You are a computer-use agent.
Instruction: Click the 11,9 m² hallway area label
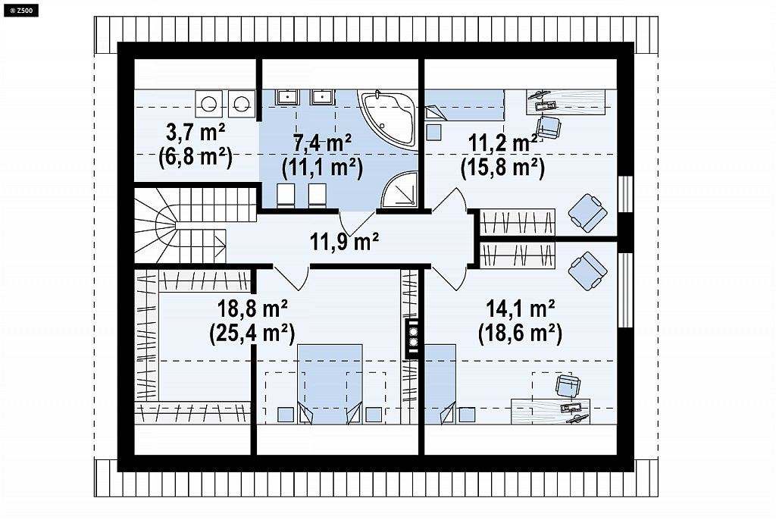pos(345,242)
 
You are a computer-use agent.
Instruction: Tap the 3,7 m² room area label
pos(196,133)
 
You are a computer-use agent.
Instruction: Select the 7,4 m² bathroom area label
pos(323,143)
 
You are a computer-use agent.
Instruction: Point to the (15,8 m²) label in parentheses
pos(502,168)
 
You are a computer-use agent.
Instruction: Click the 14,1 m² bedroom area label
pos(520,309)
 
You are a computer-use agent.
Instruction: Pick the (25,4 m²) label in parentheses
pos(252,334)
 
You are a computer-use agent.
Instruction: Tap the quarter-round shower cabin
pos(400,190)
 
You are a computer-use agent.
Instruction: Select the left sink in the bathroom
pos(286,97)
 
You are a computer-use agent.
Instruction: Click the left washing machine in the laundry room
pos(208,103)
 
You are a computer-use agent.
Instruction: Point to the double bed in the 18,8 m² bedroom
pos(330,384)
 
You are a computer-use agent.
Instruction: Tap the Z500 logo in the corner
pos(20,9)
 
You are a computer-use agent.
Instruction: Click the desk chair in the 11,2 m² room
pos(549,127)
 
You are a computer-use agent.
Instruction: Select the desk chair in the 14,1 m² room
pos(568,386)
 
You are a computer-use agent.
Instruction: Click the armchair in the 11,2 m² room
pos(587,213)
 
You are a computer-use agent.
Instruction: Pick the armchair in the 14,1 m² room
pos(587,271)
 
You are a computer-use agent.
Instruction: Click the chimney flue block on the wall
pos(412,338)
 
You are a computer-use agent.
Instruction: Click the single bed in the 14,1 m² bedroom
pos(440,384)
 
